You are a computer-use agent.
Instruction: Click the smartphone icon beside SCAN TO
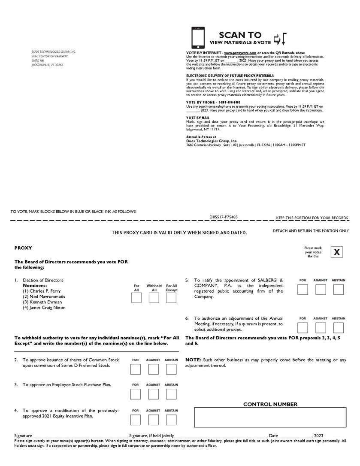[x=198, y=38]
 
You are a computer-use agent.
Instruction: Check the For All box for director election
[x=136, y=298]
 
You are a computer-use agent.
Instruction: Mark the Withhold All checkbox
[x=154, y=298]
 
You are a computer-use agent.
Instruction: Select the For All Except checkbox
[x=171, y=298]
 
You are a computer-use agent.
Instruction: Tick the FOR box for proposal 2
[x=136, y=369]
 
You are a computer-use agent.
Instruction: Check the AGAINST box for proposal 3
[x=153, y=394]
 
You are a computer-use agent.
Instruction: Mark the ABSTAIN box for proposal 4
[x=171, y=420]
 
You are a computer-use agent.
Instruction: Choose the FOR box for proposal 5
[x=303, y=290]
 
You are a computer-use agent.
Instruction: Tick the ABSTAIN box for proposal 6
[x=339, y=328]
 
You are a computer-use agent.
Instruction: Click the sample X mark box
[x=337, y=252]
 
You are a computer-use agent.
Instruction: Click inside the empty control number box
[x=270, y=418]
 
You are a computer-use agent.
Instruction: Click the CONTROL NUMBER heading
[x=270, y=404]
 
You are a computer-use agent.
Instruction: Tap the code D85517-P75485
[x=224, y=217]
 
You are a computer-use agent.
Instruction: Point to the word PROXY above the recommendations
[x=23, y=248]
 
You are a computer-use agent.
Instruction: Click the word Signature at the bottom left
[x=23, y=436]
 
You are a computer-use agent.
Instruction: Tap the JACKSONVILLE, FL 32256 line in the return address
[x=47, y=65]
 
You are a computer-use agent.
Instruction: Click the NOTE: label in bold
[x=193, y=360]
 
